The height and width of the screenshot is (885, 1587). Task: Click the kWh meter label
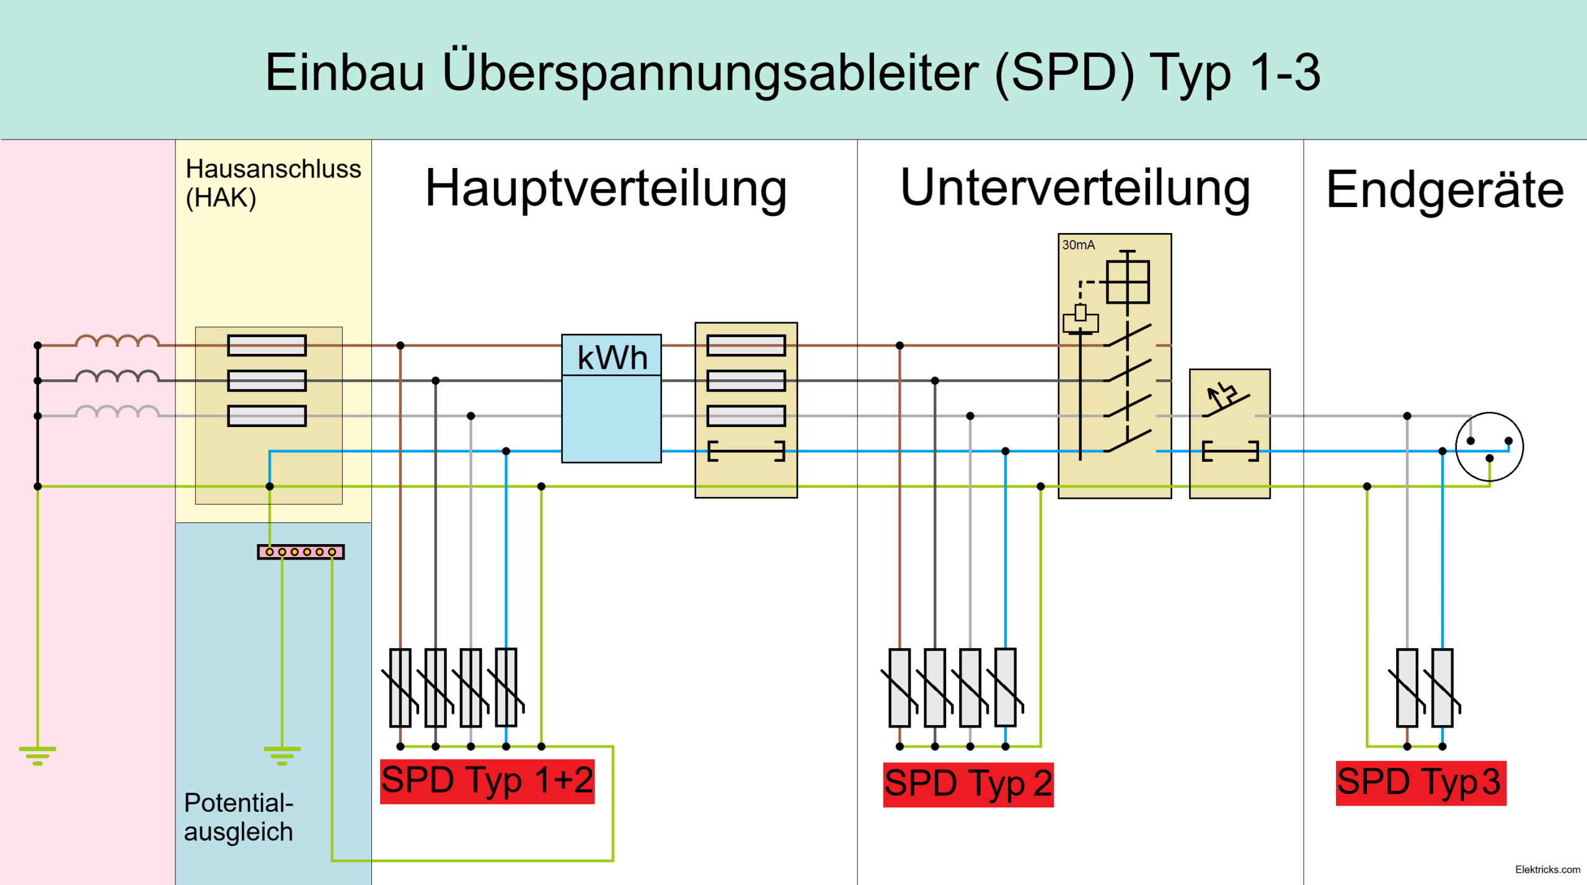click(x=612, y=358)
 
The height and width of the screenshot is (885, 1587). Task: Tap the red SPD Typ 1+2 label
click(x=487, y=782)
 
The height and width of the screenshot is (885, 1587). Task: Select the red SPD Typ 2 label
click(x=968, y=785)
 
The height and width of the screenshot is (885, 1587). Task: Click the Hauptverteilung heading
click(x=606, y=188)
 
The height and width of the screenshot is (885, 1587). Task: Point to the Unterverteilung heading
click(x=1075, y=188)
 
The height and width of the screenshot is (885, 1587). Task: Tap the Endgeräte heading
click(x=1445, y=191)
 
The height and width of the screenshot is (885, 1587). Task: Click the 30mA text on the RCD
click(x=1078, y=245)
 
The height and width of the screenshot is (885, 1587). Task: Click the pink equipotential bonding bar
click(x=301, y=552)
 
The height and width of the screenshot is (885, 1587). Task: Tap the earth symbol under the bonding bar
click(x=282, y=756)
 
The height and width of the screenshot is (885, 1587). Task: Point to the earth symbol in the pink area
click(x=38, y=756)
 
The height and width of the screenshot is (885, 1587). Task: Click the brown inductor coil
click(x=117, y=340)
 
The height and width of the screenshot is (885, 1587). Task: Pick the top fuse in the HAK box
click(x=267, y=345)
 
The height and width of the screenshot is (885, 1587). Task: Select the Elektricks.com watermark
click(x=1548, y=870)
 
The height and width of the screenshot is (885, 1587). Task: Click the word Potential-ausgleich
click(x=239, y=817)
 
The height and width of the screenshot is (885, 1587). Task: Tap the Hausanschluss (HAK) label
click(x=273, y=183)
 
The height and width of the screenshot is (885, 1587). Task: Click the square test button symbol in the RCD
click(x=1128, y=282)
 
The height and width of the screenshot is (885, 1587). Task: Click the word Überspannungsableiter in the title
click(x=710, y=74)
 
